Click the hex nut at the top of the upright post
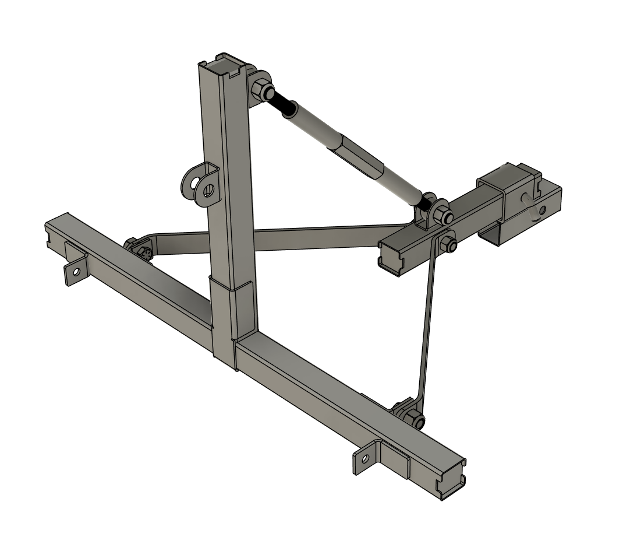[263, 90]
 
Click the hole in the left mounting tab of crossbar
[75, 271]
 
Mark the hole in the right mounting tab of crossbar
[365, 459]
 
